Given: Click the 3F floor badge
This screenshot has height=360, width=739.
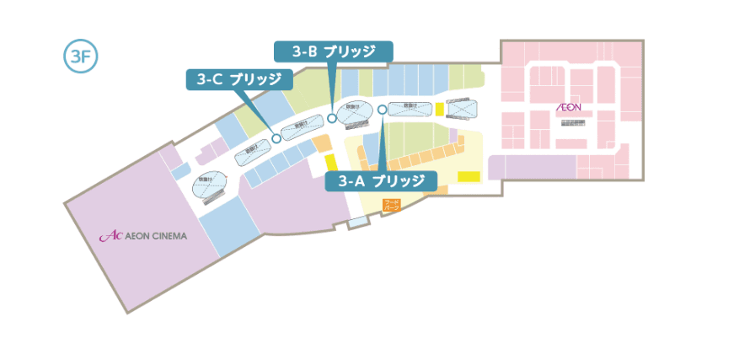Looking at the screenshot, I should point(81,56).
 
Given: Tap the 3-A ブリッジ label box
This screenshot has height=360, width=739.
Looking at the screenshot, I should point(381,181).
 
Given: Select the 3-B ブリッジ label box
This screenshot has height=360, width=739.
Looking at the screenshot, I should point(334,51).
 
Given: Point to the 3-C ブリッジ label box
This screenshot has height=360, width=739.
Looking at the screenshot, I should point(239,80).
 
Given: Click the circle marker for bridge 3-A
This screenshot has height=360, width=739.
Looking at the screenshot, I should point(382,109).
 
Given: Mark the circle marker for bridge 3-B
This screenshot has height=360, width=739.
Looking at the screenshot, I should point(333,119).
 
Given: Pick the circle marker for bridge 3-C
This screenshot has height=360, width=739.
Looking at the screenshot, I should point(276,139).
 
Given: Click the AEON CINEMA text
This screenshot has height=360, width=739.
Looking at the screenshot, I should point(155,236).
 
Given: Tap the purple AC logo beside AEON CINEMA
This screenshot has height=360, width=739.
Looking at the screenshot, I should point(110,237).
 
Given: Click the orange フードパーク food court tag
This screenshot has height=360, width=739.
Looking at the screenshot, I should point(392,204).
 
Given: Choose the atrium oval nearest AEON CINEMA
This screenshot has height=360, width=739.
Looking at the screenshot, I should point(210,182).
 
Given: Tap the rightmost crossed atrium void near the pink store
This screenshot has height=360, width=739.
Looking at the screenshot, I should point(462,108).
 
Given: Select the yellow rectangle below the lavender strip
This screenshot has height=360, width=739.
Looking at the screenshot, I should point(469,176).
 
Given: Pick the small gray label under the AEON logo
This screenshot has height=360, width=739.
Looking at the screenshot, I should point(573,122).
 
